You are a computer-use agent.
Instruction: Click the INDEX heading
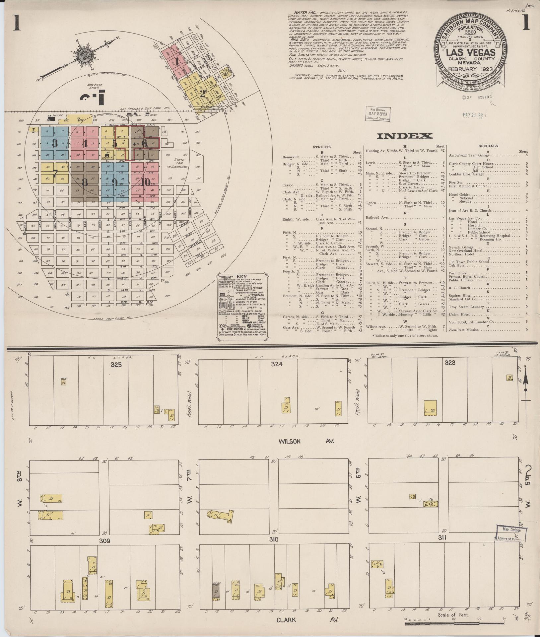[x=404, y=136]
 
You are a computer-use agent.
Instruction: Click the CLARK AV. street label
[x=308, y=619]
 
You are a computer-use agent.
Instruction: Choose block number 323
[x=450, y=363]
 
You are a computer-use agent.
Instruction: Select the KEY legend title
[x=242, y=276]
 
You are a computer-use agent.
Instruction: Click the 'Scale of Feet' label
[x=453, y=615]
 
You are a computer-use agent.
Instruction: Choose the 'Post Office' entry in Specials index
[x=458, y=273]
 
